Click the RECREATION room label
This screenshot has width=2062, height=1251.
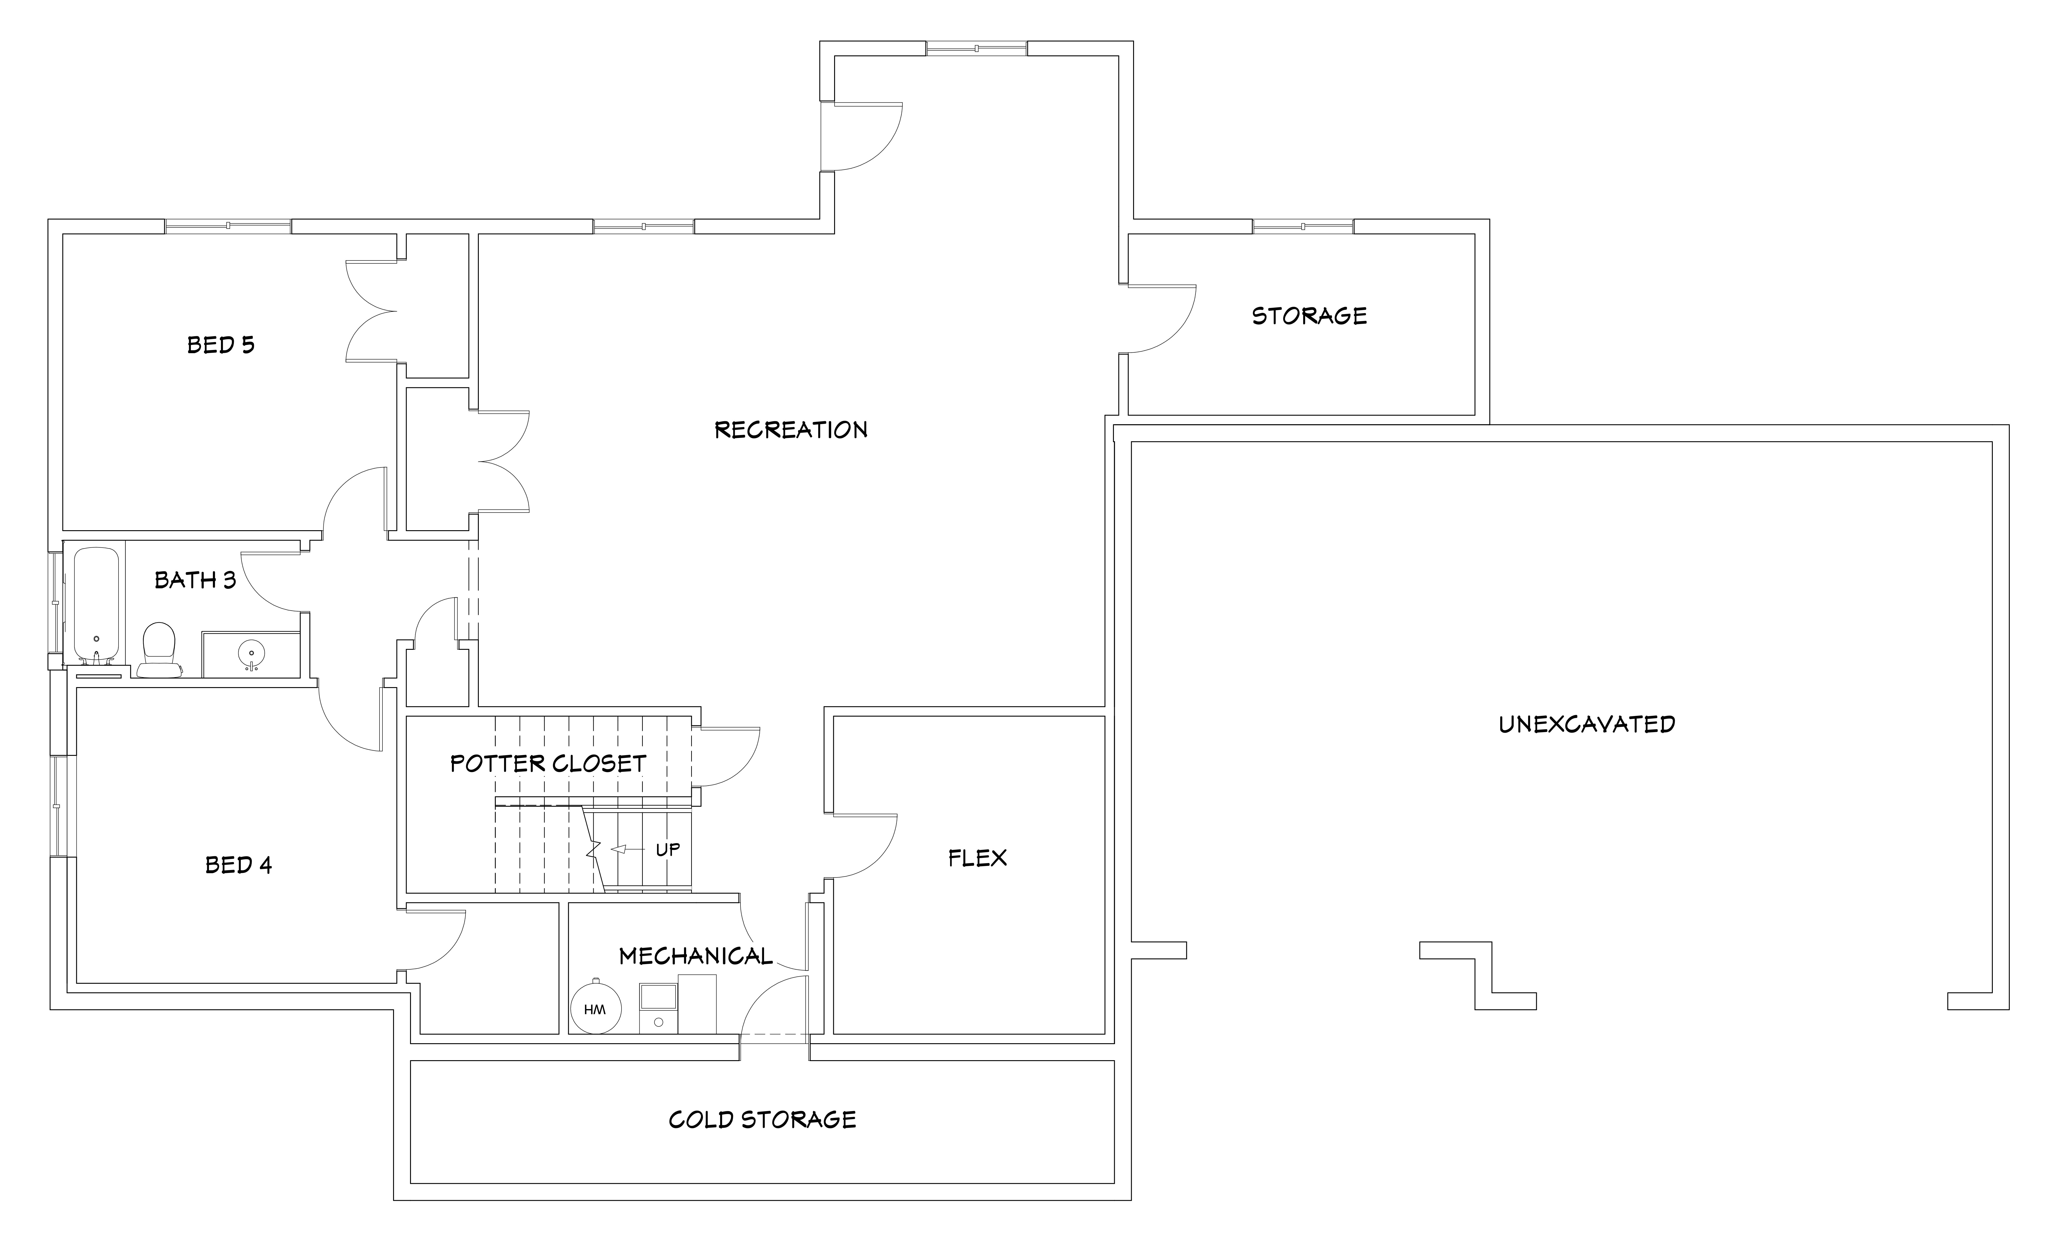791,430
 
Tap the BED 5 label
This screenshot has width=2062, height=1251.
221,345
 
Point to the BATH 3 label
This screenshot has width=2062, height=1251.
196,580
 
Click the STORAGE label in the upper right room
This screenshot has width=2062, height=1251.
1310,315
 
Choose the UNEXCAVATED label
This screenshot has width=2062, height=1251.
1587,724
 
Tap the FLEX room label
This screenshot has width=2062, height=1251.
978,858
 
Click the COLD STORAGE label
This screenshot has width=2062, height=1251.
762,1120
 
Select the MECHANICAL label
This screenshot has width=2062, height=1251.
695,956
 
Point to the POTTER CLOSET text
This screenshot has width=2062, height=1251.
548,763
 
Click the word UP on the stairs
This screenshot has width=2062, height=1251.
668,849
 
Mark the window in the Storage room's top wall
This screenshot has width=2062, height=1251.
1303,226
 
